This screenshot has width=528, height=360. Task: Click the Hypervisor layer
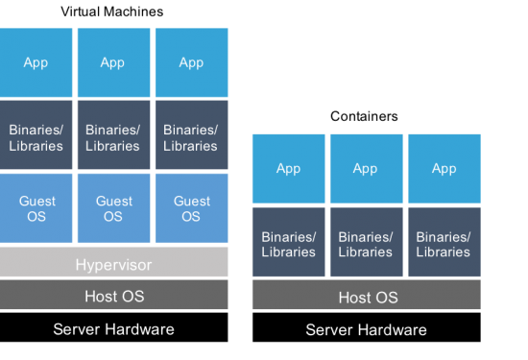[x=114, y=263]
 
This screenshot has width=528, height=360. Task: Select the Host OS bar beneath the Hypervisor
[x=114, y=296]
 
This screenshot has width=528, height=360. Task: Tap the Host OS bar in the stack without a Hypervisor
[x=366, y=297]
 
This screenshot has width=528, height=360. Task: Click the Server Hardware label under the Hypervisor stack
[x=114, y=329]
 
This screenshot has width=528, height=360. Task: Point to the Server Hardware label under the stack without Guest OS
[x=366, y=329]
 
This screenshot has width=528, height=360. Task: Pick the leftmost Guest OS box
[x=36, y=208]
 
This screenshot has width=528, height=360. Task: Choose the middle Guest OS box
[x=113, y=208]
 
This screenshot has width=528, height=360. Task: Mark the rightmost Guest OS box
[x=191, y=208]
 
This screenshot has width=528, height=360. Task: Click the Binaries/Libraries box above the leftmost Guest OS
[x=36, y=135]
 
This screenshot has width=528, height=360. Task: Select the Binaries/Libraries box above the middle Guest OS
[x=113, y=135]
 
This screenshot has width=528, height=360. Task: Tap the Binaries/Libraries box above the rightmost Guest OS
[x=191, y=135]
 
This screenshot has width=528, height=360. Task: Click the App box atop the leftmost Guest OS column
[x=36, y=62]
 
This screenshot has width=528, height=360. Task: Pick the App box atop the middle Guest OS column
[x=113, y=62]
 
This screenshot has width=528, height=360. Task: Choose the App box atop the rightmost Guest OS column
[x=191, y=62]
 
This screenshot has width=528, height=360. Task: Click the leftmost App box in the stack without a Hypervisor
[x=287, y=168]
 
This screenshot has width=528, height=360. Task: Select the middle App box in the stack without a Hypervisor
[x=366, y=168]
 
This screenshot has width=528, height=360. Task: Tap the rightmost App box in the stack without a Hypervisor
[x=444, y=168]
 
